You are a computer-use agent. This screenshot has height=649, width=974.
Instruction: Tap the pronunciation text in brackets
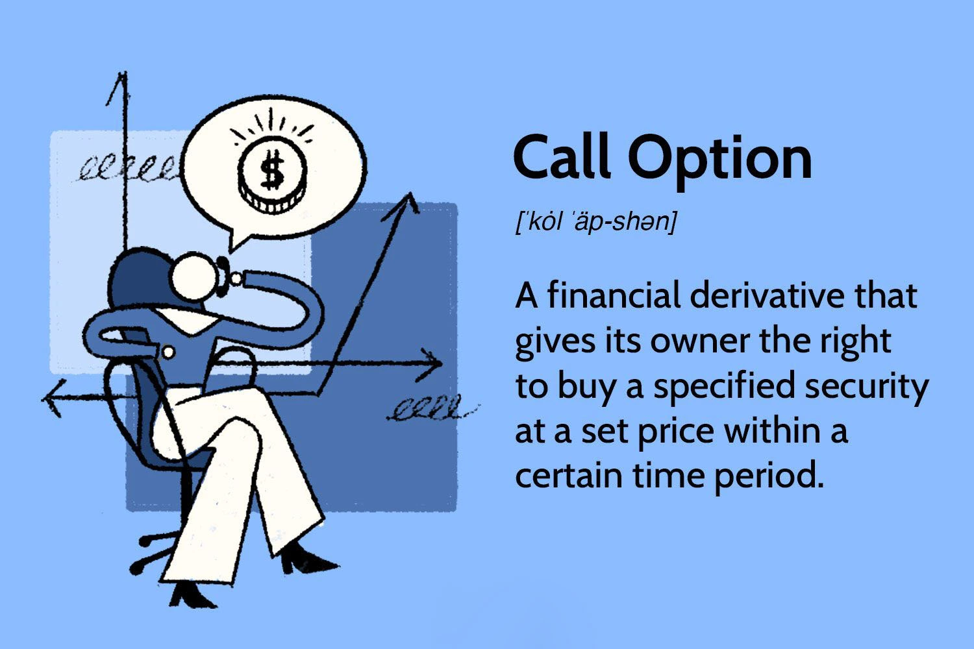(595, 222)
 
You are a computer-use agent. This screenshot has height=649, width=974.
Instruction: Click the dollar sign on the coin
(273, 170)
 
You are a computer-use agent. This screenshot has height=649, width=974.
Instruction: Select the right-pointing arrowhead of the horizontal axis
(431, 364)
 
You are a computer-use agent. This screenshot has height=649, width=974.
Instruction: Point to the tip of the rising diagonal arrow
(409, 193)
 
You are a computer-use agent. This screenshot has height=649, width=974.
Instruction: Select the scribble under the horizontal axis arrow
(431, 408)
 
